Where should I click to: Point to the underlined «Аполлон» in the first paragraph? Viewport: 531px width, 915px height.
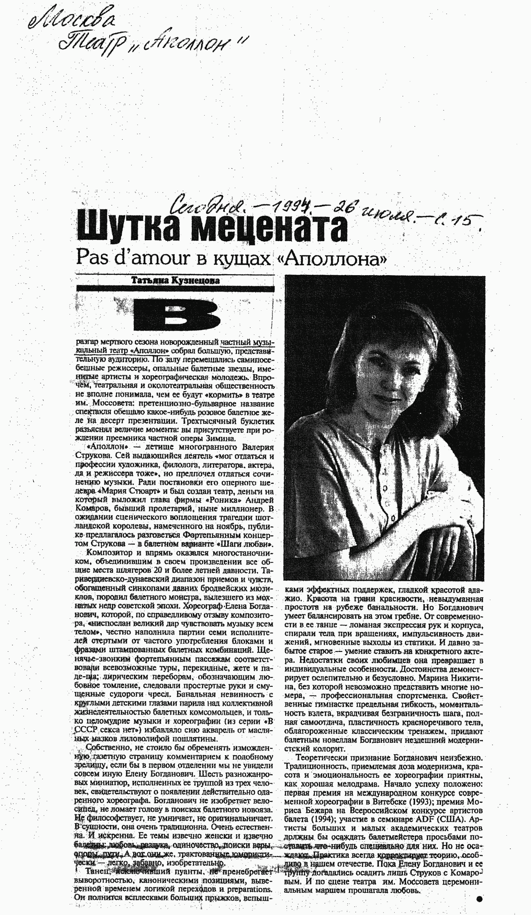click(x=150, y=351)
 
